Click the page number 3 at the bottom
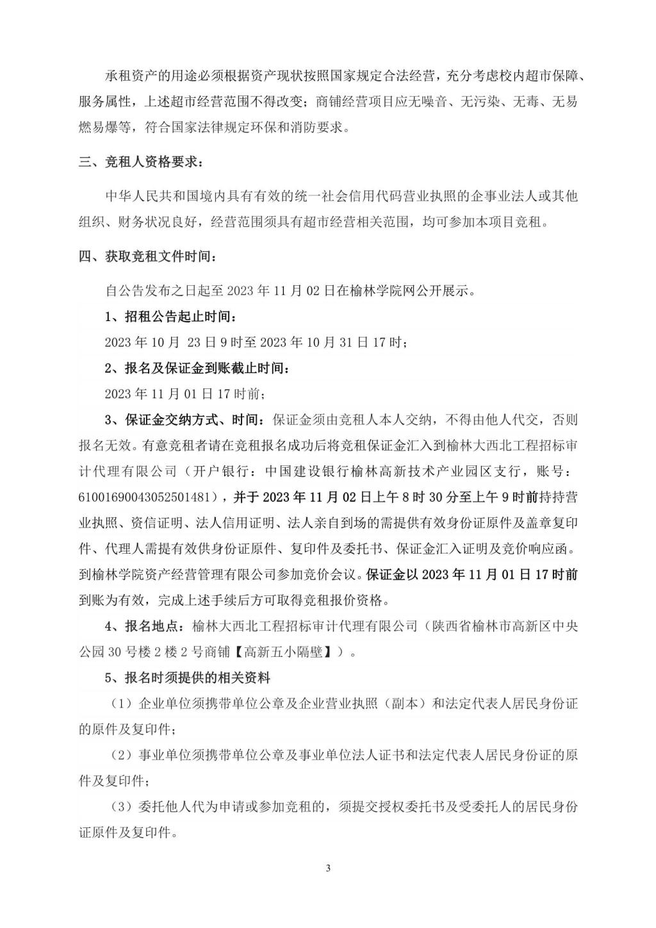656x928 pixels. coord(328,868)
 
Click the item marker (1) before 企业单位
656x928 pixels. coord(120,704)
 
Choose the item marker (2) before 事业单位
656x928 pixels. coord(120,755)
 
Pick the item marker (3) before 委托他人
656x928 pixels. coord(120,806)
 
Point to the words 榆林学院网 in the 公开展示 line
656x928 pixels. coord(384,290)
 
